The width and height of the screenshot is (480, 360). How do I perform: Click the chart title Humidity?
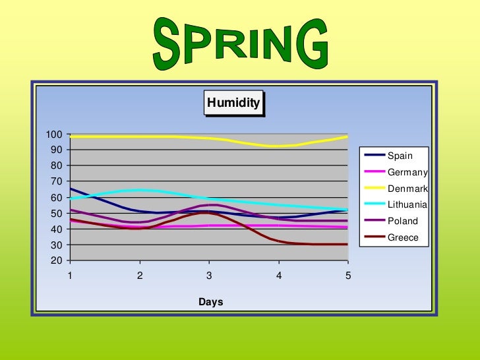tap(233, 103)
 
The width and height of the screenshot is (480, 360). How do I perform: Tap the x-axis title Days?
tap(211, 302)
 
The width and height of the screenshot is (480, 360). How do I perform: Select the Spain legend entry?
tap(400, 156)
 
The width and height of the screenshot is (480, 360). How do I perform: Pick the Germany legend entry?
tap(407, 173)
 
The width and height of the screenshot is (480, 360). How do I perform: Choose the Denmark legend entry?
tap(407, 189)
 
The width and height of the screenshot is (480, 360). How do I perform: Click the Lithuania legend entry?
tap(407, 205)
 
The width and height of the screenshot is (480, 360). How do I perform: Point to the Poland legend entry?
tap(402, 222)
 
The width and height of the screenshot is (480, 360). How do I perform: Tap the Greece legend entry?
tap(403, 237)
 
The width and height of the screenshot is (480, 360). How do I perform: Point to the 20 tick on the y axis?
tap(57, 260)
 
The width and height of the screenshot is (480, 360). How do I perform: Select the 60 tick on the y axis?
tap(57, 197)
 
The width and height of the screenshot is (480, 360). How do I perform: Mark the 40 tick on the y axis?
tap(57, 229)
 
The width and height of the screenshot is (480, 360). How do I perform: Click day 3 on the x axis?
tap(209, 275)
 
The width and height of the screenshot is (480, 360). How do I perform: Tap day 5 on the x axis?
tap(348, 275)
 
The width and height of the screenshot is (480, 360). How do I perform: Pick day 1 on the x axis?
tap(70, 275)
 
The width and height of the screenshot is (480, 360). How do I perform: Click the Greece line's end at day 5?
tap(347, 244)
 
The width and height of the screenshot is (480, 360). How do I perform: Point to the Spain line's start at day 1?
tap(71, 189)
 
